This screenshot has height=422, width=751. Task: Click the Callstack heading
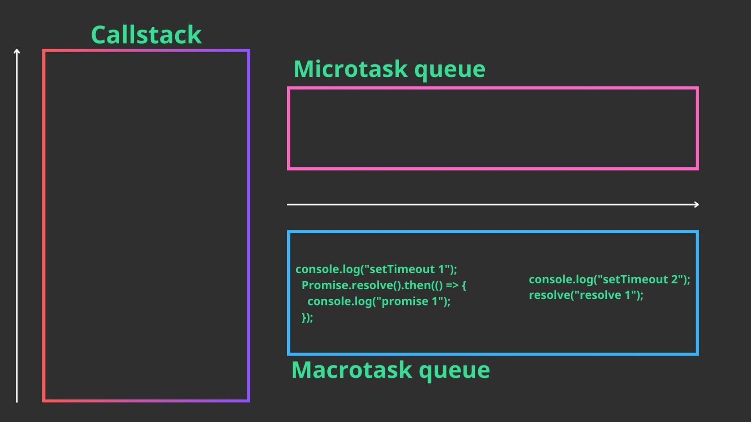[146, 35]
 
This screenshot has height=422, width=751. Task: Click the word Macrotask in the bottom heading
[351, 370]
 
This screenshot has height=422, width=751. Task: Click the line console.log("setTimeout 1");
[376, 269]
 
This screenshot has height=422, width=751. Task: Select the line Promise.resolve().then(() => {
[383, 285]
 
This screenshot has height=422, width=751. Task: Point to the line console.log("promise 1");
[378, 301]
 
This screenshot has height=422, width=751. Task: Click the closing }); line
[307, 317]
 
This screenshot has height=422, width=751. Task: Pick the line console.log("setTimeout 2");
[609, 279]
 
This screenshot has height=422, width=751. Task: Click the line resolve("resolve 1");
[586, 295]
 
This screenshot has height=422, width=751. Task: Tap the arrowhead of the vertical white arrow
[17, 51]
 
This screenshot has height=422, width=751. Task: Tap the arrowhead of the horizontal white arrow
[696, 205]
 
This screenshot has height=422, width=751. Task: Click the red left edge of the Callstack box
[44, 227]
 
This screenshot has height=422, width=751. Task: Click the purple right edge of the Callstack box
[249, 227]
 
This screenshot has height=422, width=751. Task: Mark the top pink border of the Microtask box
[492, 88]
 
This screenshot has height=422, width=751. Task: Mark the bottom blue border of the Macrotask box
[492, 354]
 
